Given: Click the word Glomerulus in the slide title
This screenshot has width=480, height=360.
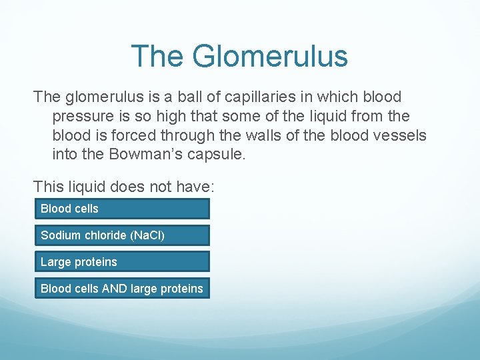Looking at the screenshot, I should (270, 56).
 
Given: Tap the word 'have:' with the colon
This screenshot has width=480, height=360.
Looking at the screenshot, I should (190, 187).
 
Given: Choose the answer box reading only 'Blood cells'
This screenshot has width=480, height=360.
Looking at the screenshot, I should (122, 209).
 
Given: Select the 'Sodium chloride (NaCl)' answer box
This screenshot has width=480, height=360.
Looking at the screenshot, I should (122, 235).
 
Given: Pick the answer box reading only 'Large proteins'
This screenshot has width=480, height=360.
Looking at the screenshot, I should (122, 262).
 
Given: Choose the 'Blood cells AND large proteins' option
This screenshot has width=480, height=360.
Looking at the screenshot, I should (122, 289).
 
